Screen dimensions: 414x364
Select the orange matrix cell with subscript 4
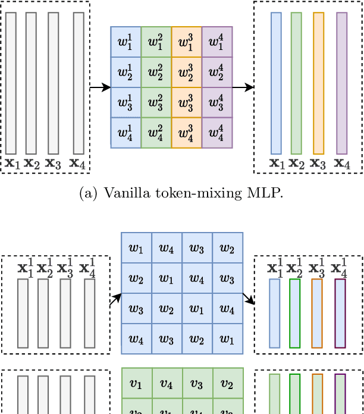click(x=187, y=133)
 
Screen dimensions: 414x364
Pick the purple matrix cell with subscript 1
click(x=217, y=42)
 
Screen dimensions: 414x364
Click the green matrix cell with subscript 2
click(x=156, y=72)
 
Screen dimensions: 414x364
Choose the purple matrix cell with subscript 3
click(x=217, y=102)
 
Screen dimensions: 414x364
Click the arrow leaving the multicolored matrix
click(x=243, y=87)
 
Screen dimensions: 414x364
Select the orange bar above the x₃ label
click(x=318, y=83)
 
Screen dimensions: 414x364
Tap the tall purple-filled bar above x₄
click(x=341, y=83)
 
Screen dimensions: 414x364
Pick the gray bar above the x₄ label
click(x=79, y=83)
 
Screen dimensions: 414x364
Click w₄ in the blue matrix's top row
click(x=167, y=247)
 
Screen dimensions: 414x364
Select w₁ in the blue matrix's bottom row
click(x=228, y=339)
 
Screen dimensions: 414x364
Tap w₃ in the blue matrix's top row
click(x=197, y=247)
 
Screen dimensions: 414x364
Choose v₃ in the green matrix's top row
click(x=197, y=384)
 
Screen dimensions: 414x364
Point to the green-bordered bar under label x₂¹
click(x=295, y=313)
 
